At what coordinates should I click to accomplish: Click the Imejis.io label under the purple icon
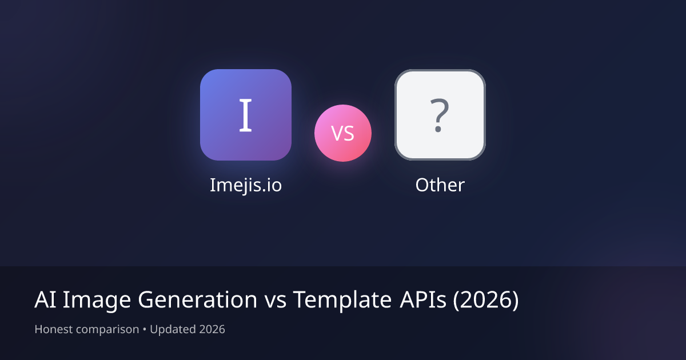[x=246, y=185]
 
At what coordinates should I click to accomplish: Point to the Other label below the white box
[x=440, y=185]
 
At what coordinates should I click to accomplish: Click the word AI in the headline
[x=45, y=300]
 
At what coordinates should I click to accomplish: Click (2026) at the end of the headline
[x=486, y=300]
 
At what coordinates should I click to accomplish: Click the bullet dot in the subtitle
[x=145, y=330]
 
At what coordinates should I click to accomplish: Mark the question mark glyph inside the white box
[x=438, y=115]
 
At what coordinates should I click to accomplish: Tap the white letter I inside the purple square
[x=245, y=115]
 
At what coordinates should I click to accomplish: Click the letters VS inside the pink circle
[x=343, y=134]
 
